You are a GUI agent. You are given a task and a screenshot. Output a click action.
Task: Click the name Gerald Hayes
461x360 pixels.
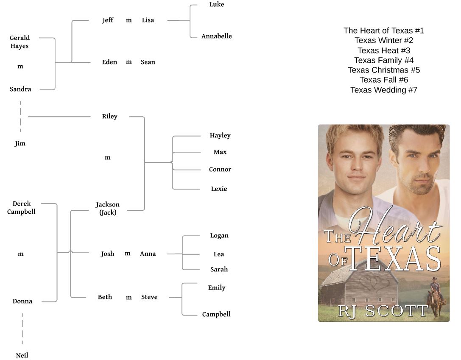[20, 42]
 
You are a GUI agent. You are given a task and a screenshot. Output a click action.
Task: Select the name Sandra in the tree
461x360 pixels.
[20, 89]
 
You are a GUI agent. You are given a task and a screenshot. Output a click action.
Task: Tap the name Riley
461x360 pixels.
[109, 116]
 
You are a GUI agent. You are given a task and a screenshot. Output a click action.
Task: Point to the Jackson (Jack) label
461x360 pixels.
[108, 209]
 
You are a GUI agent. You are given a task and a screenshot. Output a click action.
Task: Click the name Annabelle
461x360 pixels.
[216, 36]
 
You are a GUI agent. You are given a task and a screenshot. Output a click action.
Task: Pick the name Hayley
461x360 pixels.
[220, 136]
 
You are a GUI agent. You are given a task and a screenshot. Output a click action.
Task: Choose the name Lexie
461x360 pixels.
[219, 189]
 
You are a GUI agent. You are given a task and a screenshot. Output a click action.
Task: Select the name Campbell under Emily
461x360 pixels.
[216, 314]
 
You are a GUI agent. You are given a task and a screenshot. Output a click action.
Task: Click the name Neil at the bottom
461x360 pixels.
[22, 355]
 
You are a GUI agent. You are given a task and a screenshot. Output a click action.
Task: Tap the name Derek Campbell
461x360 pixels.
[21, 208]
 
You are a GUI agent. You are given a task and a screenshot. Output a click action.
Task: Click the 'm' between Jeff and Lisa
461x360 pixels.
[129, 20]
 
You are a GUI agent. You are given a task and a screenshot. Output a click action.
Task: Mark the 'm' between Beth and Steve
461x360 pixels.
[129, 297]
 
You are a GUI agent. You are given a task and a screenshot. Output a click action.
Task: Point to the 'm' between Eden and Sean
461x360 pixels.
[129, 62]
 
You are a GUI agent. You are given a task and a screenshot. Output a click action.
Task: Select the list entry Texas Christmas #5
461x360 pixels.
[384, 70]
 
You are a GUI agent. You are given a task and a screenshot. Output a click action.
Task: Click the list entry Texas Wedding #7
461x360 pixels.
[384, 90]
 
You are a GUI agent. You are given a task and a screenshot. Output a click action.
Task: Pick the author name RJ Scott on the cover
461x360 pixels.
[383, 311]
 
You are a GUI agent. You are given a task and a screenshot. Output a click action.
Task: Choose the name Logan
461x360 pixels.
[219, 236]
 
